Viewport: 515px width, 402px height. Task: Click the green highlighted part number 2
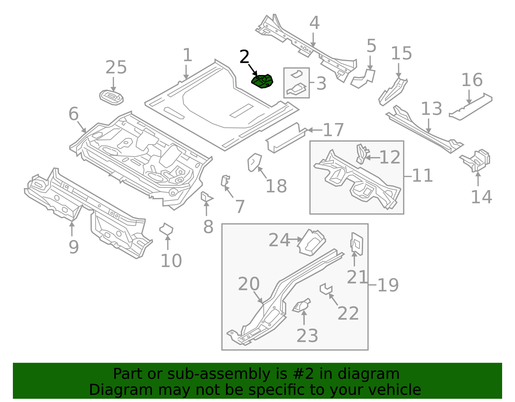coord(262,81)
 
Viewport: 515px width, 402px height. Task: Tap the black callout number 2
coord(245,57)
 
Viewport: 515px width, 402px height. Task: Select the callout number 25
coord(116,68)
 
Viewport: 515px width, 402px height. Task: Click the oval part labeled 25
coord(111,97)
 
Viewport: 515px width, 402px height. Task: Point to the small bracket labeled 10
coord(166,229)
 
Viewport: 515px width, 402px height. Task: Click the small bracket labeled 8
coord(206,197)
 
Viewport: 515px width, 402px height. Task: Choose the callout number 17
coord(333,130)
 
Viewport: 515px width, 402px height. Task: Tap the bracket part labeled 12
coord(361,154)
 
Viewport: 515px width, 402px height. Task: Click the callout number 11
coord(422,176)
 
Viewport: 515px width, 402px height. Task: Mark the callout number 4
coord(314,23)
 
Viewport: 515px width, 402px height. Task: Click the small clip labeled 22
coord(326,288)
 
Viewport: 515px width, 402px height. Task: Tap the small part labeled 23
coord(302,306)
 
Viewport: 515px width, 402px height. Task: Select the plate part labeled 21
coord(357,244)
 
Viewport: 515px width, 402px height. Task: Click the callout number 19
coord(388,285)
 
